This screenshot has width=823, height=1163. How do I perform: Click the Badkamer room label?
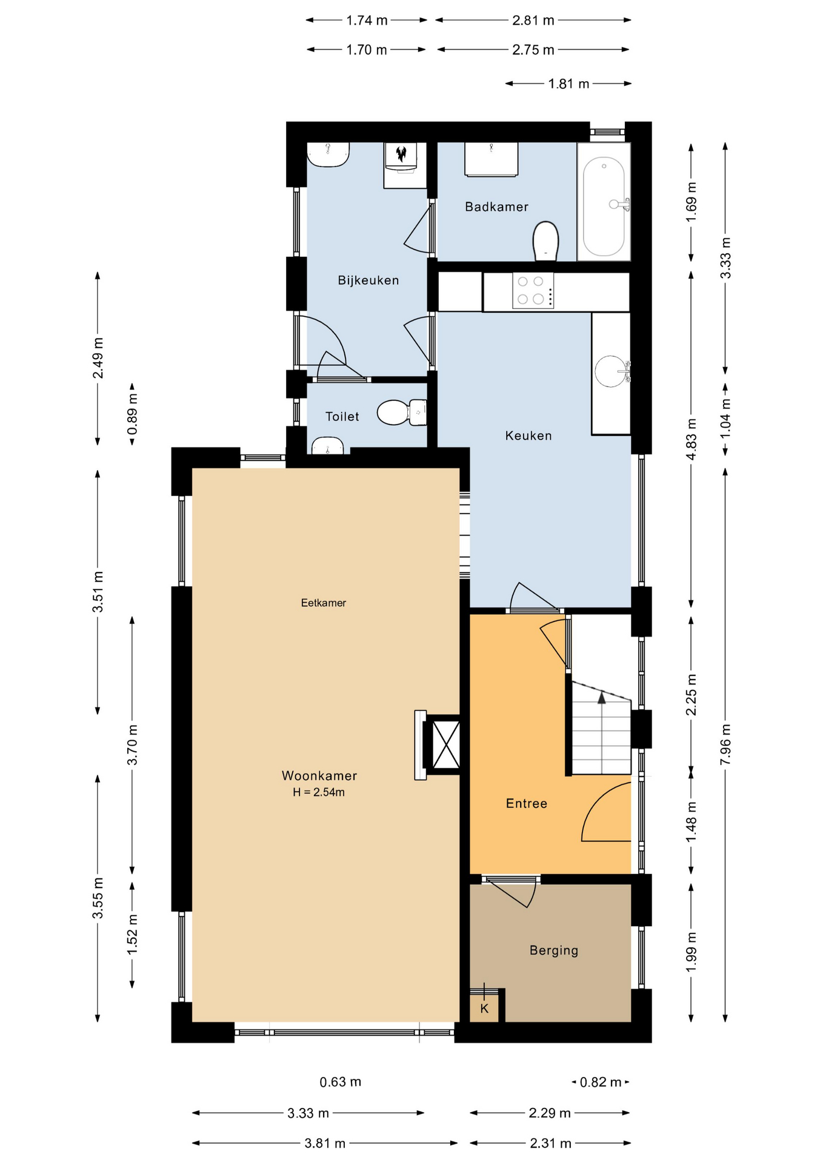click(x=496, y=207)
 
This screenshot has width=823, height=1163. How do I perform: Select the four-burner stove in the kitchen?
click(x=533, y=290)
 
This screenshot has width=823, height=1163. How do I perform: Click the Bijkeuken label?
click(x=368, y=280)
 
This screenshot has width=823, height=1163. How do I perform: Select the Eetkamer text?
click(x=324, y=603)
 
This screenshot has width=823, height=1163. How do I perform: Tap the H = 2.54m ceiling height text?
click(x=319, y=792)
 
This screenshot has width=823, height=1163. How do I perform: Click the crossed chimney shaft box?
click(x=445, y=744)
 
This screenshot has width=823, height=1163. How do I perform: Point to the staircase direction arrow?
click(x=602, y=698)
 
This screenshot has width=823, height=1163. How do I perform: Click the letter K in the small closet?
click(x=484, y=1009)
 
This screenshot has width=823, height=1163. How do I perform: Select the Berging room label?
click(x=554, y=950)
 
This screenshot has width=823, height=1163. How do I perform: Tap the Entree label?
click(x=527, y=803)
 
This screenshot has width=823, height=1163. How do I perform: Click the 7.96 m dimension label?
click(x=725, y=744)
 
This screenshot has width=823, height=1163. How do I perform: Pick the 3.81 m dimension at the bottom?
click(x=325, y=1143)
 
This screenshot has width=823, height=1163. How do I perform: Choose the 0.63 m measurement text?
click(x=341, y=1082)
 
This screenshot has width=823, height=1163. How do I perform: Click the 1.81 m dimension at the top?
click(x=568, y=84)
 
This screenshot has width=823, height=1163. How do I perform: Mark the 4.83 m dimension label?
click(x=691, y=439)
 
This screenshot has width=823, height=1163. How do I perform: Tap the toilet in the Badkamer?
click(x=545, y=241)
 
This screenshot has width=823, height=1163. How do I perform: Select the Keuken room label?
click(x=528, y=436)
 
